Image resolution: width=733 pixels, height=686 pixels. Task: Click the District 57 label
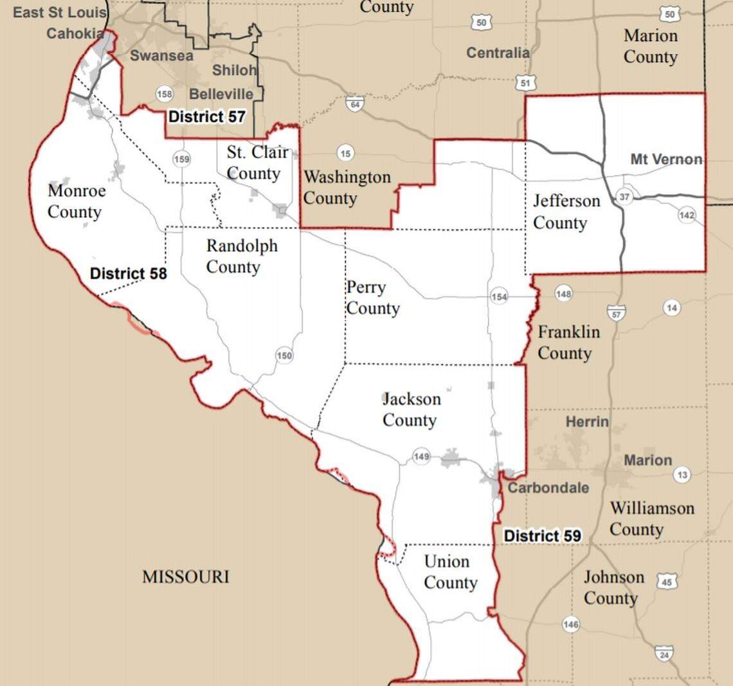tap(206, 116)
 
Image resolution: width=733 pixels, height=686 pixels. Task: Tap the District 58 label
tap(128, 273)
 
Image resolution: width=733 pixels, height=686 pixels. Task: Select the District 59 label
tap(542, 536)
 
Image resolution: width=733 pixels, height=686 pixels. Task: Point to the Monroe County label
tap(75, 201)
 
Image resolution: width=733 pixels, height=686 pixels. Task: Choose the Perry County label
tap(372, 298)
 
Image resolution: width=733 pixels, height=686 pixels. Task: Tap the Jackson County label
tap(411, 409)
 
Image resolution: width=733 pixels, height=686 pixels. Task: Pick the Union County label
tap(449, 572)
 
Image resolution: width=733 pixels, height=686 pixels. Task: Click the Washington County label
tap(347, 187)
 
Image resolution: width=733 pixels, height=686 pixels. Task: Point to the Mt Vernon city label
tap(666, 159)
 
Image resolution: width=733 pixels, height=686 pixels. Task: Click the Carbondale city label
tap(548, 487)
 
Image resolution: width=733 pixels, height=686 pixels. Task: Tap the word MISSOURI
tap(185, 576)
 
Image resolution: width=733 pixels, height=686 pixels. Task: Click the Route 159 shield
tap(182, 158)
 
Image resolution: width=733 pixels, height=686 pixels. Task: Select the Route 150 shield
tap(284, 355)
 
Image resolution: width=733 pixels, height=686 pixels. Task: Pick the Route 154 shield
tap(499, 296)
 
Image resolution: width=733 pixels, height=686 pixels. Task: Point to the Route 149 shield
tap(421, 456)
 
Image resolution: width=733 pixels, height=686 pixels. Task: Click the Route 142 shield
tap(687, 215)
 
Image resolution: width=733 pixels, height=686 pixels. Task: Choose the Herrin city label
tap(586, 422)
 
